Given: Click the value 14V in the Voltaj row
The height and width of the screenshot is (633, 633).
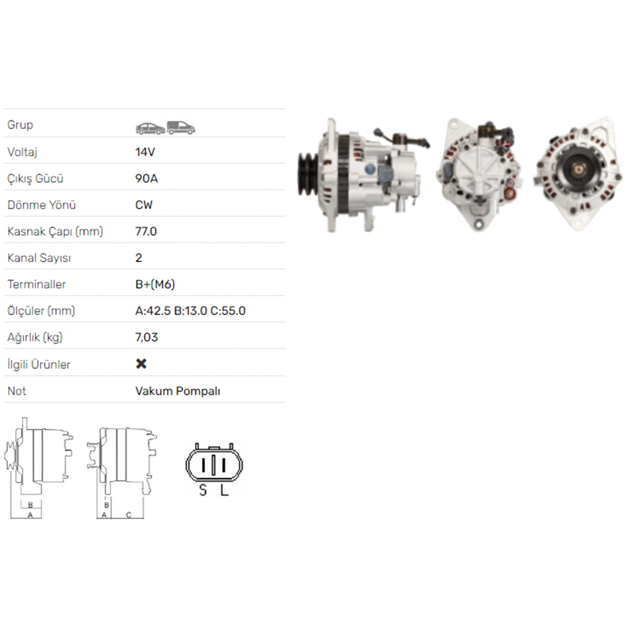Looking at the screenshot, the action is pos(145,152).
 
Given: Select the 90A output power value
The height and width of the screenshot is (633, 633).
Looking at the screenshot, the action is pos(146,179).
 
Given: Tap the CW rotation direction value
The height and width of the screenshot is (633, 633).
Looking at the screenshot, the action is pos(144,205).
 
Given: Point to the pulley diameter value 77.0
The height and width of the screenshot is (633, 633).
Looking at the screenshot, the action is pos(146,231).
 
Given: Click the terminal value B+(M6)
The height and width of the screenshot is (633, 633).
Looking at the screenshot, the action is pos(155,285).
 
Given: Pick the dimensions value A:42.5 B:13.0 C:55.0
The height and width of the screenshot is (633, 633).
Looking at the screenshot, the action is pos(190,311).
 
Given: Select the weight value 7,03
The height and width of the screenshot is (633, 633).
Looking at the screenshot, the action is pos(147,337).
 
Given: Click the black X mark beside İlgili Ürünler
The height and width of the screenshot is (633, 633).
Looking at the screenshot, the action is pos(141,364).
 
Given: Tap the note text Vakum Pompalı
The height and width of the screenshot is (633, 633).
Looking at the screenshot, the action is pos(178,391).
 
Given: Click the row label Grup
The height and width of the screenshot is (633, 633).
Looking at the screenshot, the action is pos(20,125).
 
